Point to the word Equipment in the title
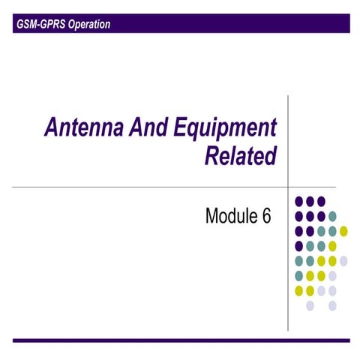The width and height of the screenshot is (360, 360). coord(225,128)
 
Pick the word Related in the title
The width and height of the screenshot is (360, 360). coord(240,156)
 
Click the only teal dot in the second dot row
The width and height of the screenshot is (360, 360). coord(332,216)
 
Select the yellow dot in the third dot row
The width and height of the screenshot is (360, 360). coord(343,230)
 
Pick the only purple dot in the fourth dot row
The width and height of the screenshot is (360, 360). coord(299,245)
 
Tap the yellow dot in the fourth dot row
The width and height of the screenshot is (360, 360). coord(332,245)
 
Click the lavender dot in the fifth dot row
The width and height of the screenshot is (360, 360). coord(343,260)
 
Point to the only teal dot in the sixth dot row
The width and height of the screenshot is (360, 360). coord(299,275)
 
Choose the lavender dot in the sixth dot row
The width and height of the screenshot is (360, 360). coord(332,275)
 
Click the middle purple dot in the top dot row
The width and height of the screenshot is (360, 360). coord(310,201)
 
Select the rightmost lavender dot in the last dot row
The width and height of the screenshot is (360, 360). coord(332,305)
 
